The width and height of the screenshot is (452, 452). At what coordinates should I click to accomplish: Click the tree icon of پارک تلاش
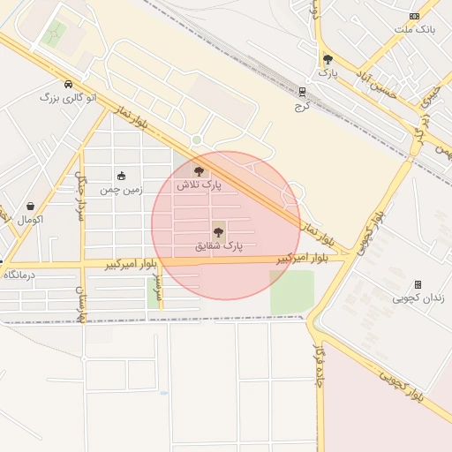point(199,171)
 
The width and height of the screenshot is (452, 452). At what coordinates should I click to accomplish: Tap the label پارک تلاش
point(199,185)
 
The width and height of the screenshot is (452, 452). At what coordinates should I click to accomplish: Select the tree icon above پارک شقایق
point(218,233)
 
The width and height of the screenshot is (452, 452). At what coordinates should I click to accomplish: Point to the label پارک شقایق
point(218,247)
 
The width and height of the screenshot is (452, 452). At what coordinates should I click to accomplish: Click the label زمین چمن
point(121,189)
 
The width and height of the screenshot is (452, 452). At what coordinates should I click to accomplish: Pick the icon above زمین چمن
point(121,176)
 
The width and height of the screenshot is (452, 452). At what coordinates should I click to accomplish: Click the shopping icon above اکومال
point(31,206)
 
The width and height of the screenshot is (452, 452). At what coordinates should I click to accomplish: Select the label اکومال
point(30,219)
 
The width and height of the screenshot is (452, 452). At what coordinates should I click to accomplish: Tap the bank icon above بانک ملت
point(414,17)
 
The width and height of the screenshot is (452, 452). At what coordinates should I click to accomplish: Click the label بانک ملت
point(414,30)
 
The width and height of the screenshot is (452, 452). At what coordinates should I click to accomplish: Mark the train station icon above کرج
point(303,91)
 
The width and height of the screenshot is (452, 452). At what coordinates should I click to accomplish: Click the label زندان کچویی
point(418,298)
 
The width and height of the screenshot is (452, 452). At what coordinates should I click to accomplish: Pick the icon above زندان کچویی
point(418,284)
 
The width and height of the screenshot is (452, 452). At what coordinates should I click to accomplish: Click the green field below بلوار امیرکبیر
point(291,291)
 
